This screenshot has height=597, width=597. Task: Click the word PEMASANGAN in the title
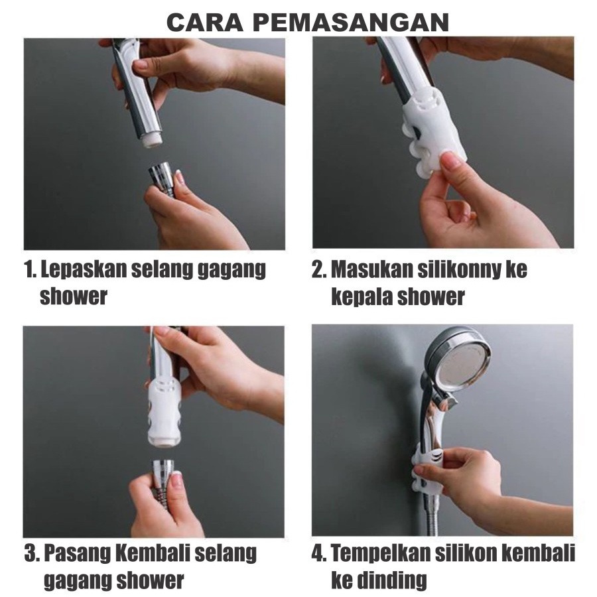coord(351,23)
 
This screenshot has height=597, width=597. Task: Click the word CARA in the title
coord(205,23)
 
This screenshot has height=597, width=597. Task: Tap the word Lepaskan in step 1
coord(83,269)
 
